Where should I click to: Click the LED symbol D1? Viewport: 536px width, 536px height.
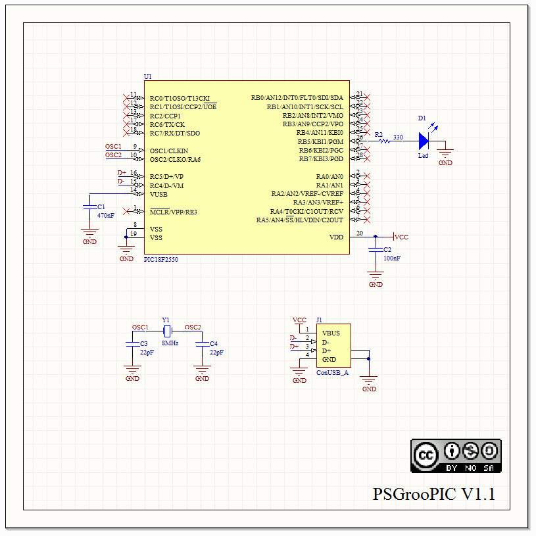tap(424, 140)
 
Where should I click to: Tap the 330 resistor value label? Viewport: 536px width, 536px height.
tap(398, 137)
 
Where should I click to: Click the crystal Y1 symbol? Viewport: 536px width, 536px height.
tap(167, 330)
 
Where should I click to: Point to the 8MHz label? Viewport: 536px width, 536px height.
tap(170, 343)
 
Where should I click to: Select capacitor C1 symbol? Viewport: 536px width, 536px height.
tap(89, 207)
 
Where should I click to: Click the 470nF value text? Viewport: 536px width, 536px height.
tap(105, 215)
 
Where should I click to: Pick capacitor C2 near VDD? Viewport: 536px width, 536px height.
tap(376, 250)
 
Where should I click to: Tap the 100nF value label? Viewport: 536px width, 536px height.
tap(392, 258)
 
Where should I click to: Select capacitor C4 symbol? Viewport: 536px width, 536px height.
tap(202, 343)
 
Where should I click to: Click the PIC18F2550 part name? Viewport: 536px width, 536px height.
tap(160, 259)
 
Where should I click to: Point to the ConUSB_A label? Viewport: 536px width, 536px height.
tap(332, 372)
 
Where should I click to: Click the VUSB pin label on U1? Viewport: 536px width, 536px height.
tap(158, 194)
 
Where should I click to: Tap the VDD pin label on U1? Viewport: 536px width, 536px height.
tap(336, 237)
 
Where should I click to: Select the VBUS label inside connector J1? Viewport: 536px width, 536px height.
tap(331, 333)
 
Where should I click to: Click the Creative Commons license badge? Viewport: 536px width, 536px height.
tap(456, 455)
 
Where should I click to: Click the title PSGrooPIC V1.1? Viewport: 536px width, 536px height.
tap(433, 494)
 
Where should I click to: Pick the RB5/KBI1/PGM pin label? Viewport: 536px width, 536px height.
tap(320, 141)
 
